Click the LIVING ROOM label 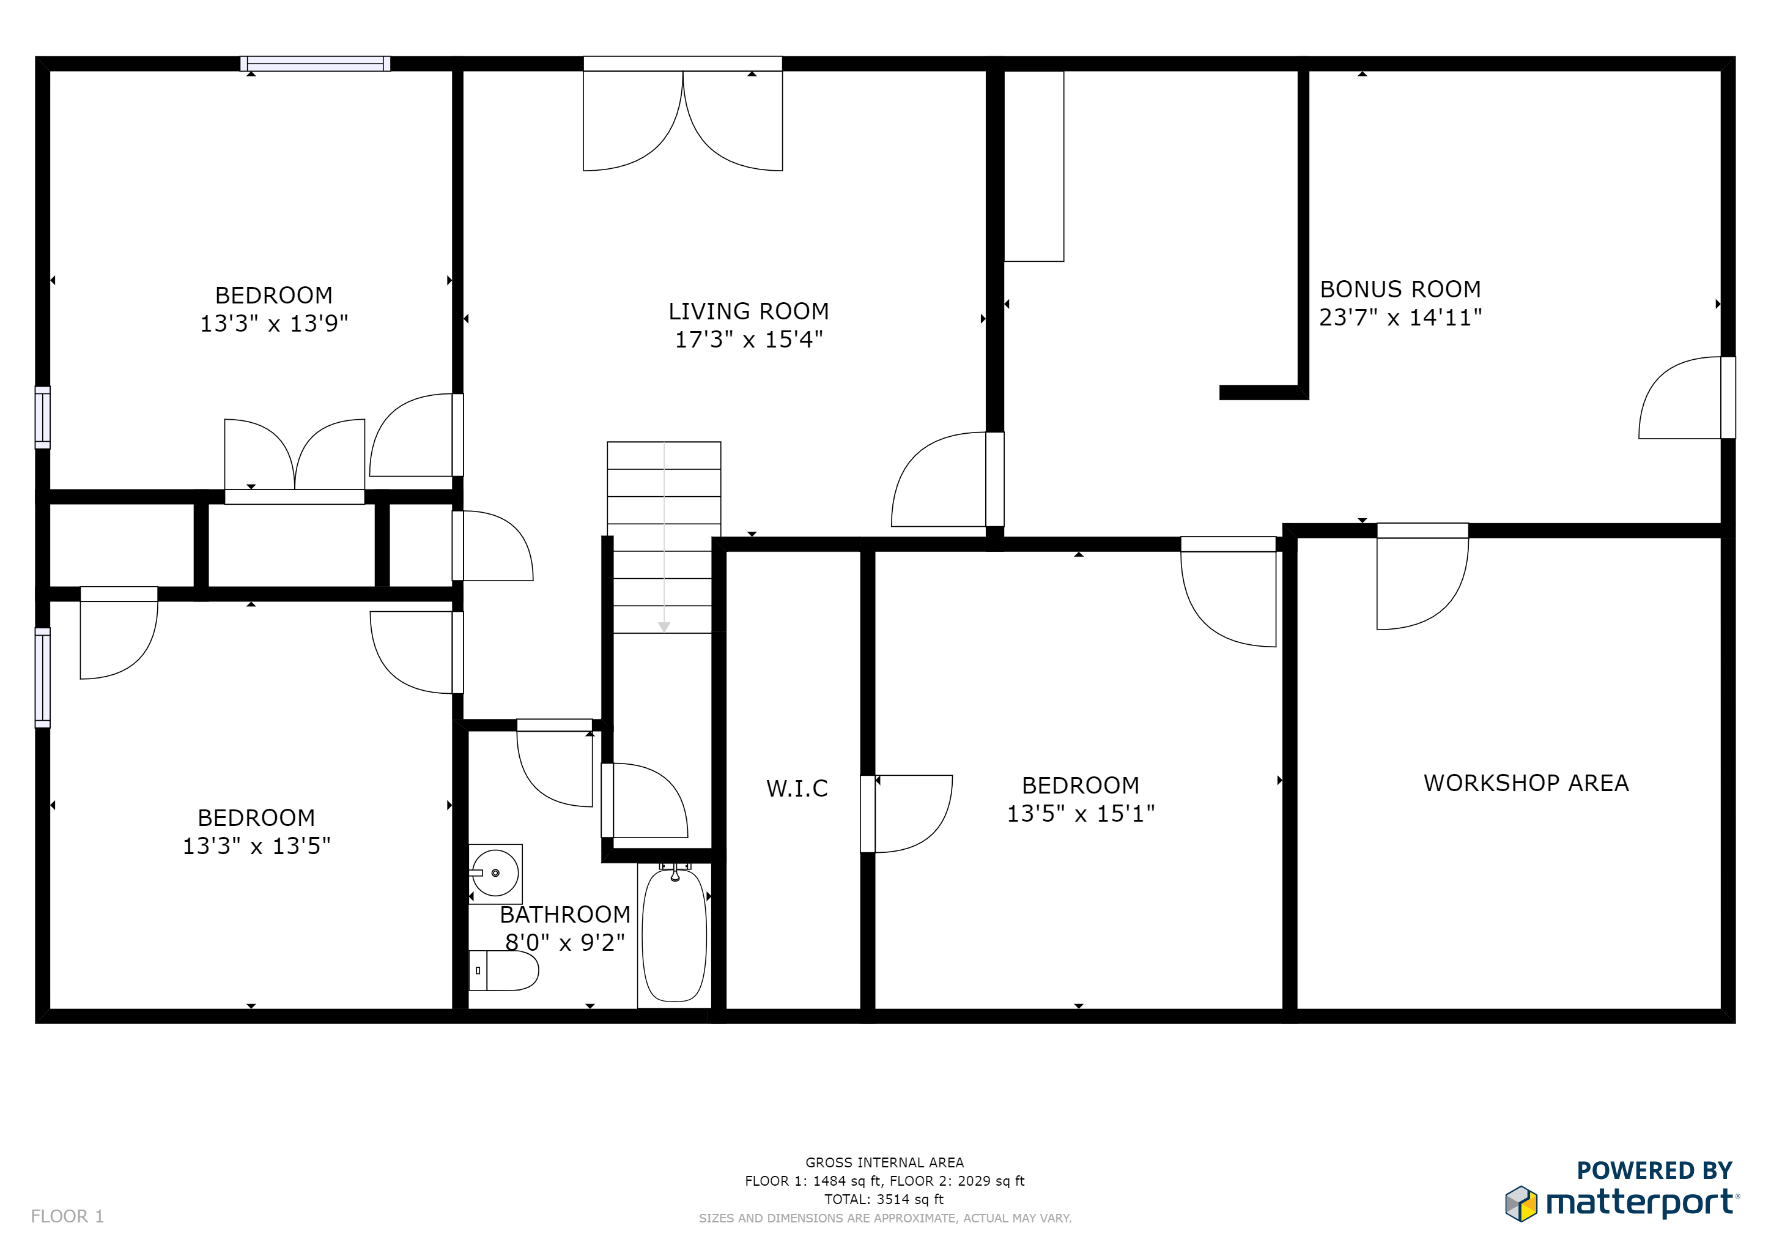(x=748, y=311)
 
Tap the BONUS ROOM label (x=1400, y=289)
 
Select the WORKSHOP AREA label (x=1526, y=783)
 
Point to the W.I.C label (x=797, y=789)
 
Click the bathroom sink (x=495, y=874)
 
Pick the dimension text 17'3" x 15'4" (x=748, y=340)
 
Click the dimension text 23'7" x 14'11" (x=1400, y=317)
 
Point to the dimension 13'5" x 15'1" (x=1080, y=813)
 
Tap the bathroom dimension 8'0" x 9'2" (x=564, y=942)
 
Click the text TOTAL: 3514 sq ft (x=884, y=1199)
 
